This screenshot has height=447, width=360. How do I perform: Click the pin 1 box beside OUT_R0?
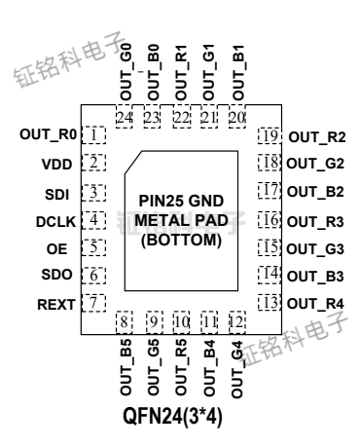tap(93, 133)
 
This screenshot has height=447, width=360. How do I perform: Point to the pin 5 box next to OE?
tap(93, 247)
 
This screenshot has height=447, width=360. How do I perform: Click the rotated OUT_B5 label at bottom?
tap(125, 368)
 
